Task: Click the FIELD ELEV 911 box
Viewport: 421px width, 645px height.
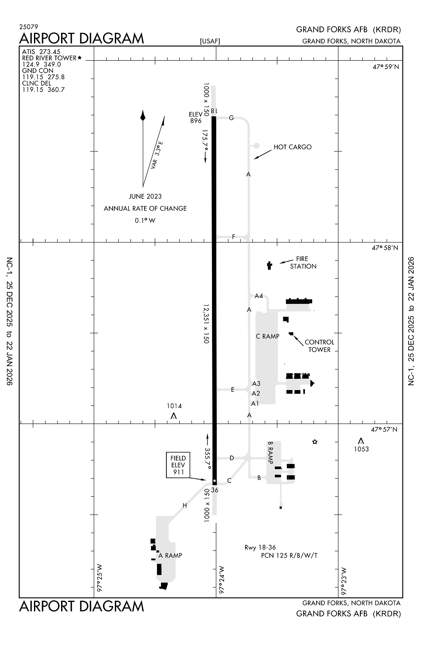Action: click(178, 465)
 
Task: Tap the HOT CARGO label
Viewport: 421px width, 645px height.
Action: click(292, 147)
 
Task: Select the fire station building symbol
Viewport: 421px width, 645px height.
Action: click(270, 265)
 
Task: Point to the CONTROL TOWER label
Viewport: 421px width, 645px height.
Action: click(319, 346)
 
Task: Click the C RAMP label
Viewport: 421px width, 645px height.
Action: click(267, 336)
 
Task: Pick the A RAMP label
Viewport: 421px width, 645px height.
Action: click(170, 556)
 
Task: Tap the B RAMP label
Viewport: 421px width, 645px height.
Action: click(270, 452)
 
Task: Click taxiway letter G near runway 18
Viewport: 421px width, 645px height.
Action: click(231, 118)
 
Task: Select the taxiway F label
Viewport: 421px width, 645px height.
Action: click(234, 237)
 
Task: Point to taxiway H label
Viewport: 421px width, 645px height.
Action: click(184, 506)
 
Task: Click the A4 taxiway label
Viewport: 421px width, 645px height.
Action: click(258, 296)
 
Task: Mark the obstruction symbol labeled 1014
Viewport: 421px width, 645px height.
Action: click(174, 416)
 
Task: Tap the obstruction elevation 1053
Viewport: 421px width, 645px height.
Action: click(361, 449)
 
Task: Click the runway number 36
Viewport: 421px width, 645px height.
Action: click(215, 490)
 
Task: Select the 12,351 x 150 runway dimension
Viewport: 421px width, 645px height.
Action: click(206, 324)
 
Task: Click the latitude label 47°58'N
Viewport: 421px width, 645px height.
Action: click(385, 248)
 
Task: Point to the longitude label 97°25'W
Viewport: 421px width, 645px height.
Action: click(99, 577)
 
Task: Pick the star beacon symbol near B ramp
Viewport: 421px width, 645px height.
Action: click(315, 442)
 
